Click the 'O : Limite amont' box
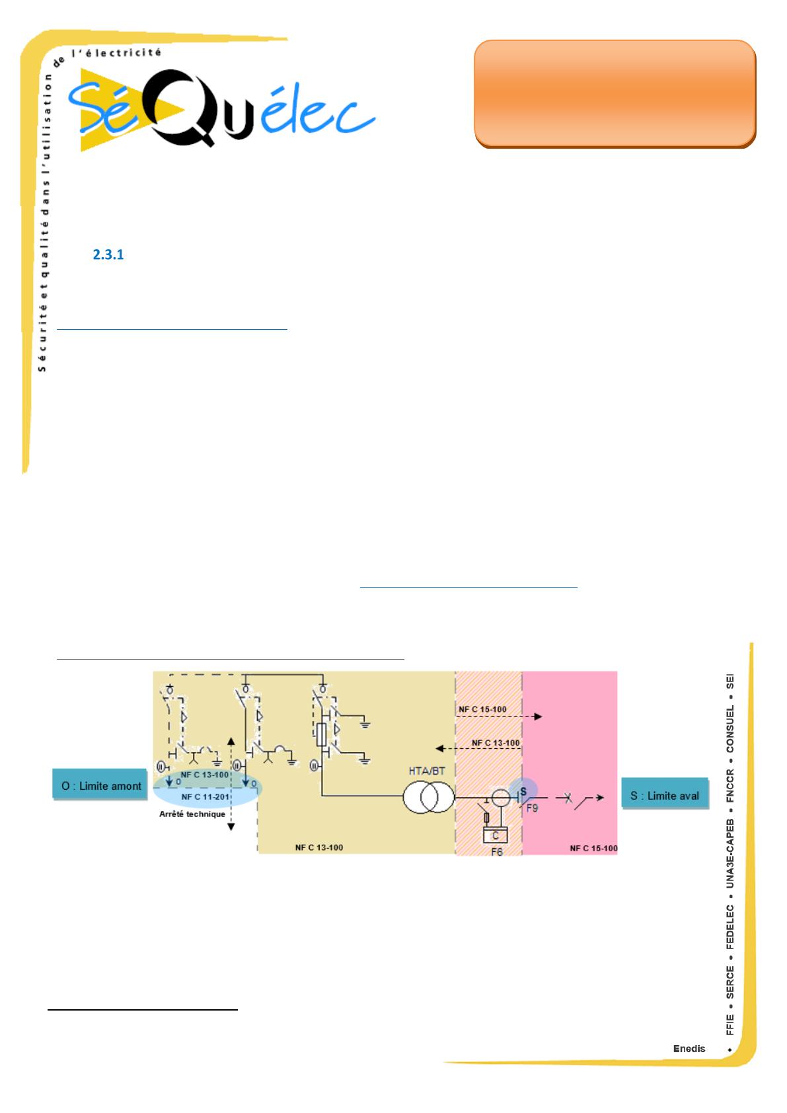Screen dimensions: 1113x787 coord(101,786)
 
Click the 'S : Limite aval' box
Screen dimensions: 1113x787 coord(664,795)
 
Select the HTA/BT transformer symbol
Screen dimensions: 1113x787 coord(429,796)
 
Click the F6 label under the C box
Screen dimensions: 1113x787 coord(496,852)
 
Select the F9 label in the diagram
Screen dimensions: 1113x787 coord(532,808)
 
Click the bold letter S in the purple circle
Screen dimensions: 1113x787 coord(523,791)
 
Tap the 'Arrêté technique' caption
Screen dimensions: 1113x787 coord(192,814)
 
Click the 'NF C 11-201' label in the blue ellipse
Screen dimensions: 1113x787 coord(205,797)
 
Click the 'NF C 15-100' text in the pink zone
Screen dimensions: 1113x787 coord(593,848)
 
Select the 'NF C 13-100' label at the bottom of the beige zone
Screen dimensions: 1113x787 coord(319,847)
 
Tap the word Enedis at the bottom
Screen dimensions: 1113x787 coord(689,1048)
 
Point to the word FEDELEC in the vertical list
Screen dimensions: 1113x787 coord(730,927)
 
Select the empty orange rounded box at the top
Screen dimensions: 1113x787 coord(615,93)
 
